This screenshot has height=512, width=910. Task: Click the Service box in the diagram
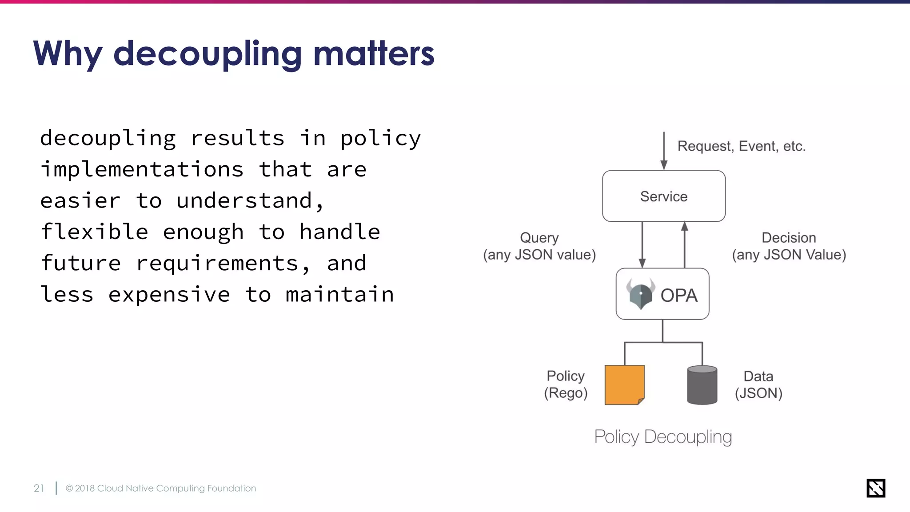coord(663,196)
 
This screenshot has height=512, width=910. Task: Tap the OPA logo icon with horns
coord(640,294)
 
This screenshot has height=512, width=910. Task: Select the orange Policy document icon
coord(624,385)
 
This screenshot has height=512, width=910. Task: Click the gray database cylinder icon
coord(702,385)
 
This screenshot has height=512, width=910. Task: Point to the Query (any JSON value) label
coord(539,246)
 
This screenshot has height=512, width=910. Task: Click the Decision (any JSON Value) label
coord(789,246)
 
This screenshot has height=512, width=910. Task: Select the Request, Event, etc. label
coord(741,146)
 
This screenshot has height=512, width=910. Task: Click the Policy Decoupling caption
coord(663,437)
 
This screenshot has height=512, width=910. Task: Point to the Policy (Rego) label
coord(566,384)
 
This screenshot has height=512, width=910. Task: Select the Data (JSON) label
coord(758,385)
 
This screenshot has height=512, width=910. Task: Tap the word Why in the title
coord(68,54)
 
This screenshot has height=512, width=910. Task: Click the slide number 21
coord(39,488)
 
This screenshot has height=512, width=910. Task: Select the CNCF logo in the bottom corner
coord(875,488)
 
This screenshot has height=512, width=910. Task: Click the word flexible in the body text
coord(94,232)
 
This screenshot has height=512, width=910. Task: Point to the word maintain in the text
coord(339,295)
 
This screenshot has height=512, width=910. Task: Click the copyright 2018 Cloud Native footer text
coord(160,488)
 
